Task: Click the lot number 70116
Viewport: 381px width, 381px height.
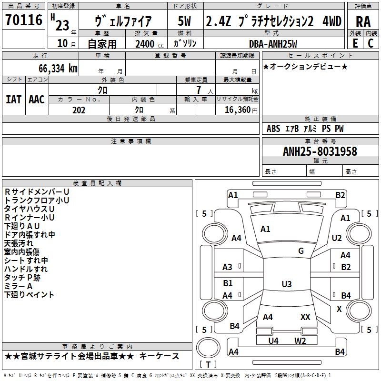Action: coord(24,20)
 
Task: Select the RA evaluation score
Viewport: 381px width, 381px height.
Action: coord(363,22)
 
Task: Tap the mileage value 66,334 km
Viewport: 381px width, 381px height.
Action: coord(58,69)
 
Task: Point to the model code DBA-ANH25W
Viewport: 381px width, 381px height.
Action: coord(273,44)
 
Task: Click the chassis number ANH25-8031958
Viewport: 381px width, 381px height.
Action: coord(320,151)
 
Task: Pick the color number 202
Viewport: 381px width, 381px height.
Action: coord(79,110)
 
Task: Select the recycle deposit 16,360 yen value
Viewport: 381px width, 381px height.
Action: coord(241,110)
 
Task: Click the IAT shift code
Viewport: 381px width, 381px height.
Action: coord(13,100)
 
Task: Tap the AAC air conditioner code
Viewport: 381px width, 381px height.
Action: coord(37,100)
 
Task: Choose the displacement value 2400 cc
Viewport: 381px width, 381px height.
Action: coord(150,44)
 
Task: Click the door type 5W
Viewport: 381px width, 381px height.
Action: coord(184,21)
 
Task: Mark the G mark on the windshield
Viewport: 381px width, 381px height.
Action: coord(301,251)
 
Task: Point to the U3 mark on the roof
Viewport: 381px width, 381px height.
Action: coord(287,284)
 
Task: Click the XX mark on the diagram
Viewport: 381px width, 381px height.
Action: coord(305,317)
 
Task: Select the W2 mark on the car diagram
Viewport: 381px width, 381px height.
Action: coord(300,341)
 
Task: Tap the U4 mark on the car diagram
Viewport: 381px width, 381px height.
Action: coord(273,341)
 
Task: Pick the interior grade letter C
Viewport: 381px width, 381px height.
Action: coord(371,43)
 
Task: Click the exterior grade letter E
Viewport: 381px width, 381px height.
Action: coord(355,43)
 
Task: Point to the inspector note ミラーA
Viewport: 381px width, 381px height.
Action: coord(18,286)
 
